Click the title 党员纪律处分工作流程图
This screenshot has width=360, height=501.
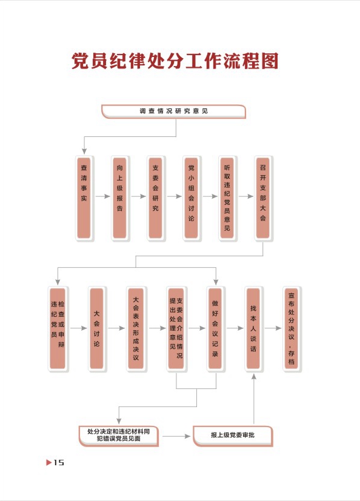175,61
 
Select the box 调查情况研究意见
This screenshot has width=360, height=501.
173,111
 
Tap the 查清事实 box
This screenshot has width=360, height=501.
84,197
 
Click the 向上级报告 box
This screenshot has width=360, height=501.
120,197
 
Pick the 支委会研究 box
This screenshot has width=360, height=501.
156,197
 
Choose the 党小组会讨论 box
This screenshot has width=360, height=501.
192,197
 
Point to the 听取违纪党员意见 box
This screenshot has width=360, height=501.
227,197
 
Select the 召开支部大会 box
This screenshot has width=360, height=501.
263,197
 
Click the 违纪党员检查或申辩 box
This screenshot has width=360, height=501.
58,328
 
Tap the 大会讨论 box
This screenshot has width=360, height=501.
97,328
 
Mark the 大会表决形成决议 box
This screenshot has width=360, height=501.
136,328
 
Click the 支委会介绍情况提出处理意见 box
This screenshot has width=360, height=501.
176,328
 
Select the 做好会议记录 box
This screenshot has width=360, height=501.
216,328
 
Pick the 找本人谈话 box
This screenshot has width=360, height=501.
253,328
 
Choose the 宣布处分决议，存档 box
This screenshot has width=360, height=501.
292,328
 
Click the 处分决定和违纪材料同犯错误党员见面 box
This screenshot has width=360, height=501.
119,435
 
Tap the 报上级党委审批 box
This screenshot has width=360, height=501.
233,436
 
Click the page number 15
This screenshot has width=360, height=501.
59,462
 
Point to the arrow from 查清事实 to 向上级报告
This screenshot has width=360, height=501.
102,196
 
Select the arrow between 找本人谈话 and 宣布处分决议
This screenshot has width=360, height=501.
273,328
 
